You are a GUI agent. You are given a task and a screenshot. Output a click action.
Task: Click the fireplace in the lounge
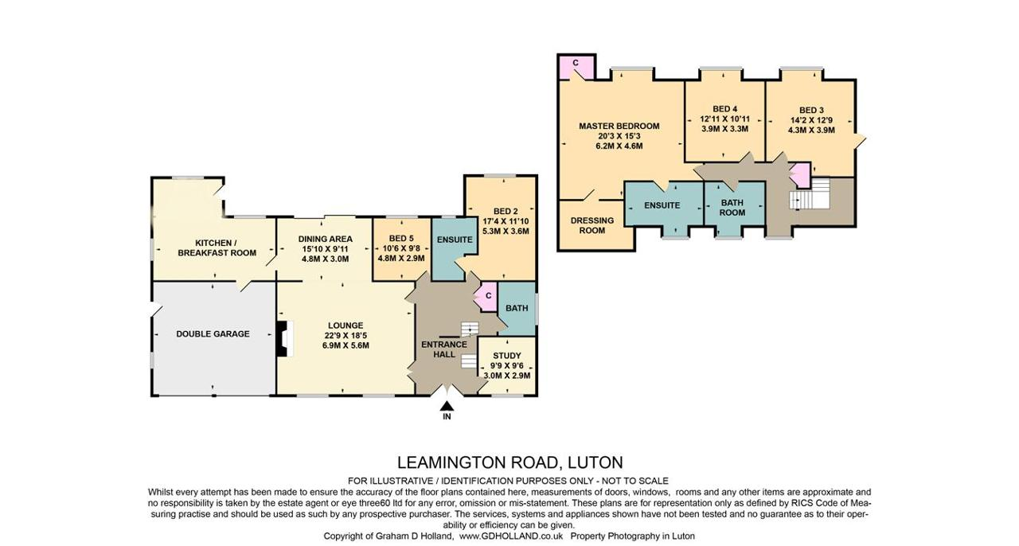[284, 339]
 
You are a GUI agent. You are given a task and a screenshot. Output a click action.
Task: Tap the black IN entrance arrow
[447, 406]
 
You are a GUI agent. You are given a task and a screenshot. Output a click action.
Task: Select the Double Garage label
[213, 334]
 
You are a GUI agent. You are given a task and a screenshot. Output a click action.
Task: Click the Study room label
[507, 355]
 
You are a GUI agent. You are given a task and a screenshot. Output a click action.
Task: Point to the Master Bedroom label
[619, 126]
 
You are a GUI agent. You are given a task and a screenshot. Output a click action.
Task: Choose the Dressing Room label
[592, 225]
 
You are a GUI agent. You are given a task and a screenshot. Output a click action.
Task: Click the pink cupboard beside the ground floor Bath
[486, 296]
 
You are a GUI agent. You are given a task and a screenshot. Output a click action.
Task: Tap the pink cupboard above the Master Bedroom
[576, 66]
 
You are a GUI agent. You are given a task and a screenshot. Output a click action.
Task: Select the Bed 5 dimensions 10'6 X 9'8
[401, 248]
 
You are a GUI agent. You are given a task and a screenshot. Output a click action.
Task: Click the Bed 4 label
[725, 109]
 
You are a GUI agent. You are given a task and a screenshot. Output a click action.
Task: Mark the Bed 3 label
[811, 110]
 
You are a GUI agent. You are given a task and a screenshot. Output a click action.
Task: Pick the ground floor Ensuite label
[455, 240]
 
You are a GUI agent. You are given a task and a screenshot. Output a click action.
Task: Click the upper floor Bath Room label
[732, 208]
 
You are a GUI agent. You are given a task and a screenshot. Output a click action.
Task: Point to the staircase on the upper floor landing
[810, 193]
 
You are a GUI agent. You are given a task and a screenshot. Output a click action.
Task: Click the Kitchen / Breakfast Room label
[217, 248]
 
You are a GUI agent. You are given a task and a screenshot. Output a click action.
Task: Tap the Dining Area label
[326, 239]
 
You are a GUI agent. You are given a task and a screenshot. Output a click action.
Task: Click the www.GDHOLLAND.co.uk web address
[511, 536]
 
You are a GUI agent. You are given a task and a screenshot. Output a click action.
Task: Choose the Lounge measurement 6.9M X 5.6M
[346, 345]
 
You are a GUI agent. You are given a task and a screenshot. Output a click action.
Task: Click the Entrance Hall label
[444, 349]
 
